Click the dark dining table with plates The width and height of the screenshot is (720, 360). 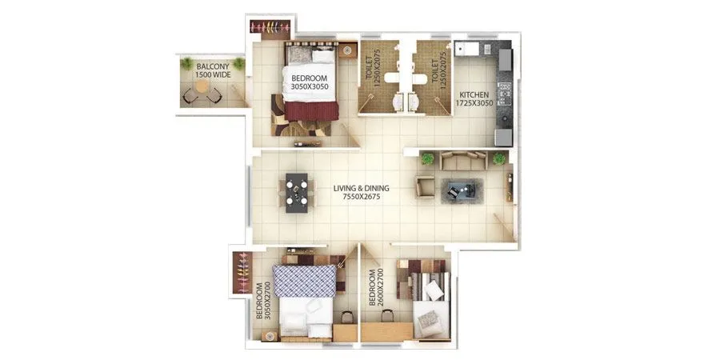click(x=297, y=192)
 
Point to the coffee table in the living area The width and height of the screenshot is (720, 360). click(x=460, y=191)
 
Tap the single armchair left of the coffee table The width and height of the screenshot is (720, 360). click(x=425, y=188)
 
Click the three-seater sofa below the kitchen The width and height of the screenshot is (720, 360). click(x=464, y=161)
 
